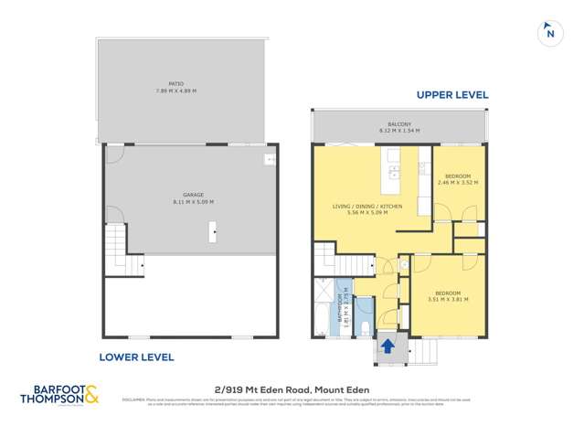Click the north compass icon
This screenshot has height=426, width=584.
click(548, 32)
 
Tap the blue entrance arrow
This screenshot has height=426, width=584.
click(387, 346)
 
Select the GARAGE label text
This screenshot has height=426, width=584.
click(193, 194)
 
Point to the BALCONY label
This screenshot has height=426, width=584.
click(398, 124)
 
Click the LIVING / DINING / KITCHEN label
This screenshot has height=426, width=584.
click(368, 207)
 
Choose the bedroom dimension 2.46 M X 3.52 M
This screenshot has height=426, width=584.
click(458, 183)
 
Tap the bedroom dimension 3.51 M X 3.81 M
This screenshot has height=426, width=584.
click(448, 298)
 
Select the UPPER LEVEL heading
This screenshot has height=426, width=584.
click(451, 95)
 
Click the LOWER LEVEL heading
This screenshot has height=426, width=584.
click(136, 357)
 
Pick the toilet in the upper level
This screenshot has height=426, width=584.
click(365, 327)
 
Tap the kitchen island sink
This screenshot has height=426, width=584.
click(393, 171)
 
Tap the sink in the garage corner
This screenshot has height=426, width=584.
click(270, 159)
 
